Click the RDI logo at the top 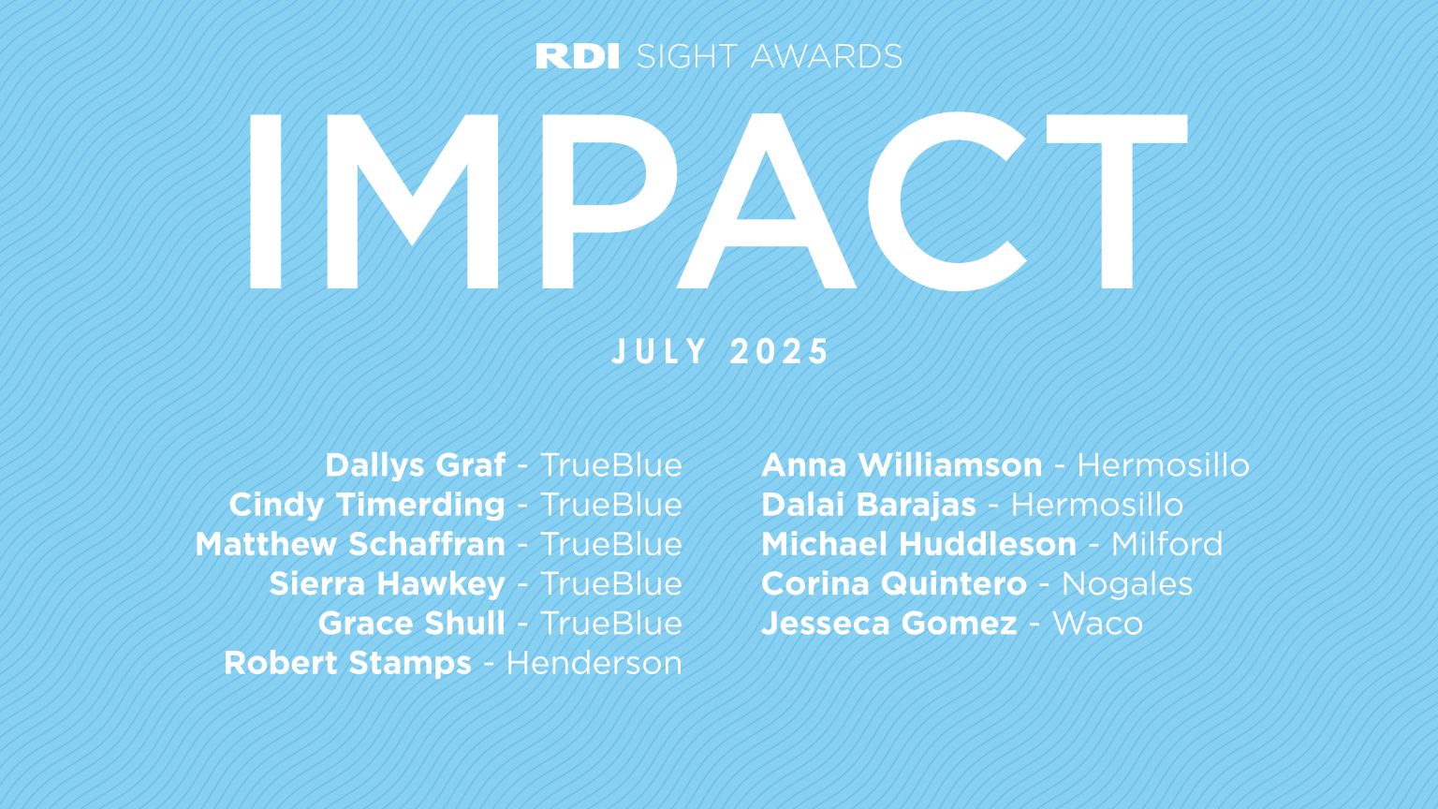[x=577, y=56]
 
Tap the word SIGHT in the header [x=687, y=56]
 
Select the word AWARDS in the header [x=826, y=56]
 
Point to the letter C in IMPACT [x=947, y=201]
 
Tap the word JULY [x=660, y=352]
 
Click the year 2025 [x=780, y=352]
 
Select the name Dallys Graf [x=415, y=465]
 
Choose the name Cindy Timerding [x=366, y=505]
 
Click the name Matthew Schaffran [x=349, y=544]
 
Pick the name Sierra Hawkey [x=387, y=583]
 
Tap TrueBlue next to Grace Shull [x=611, y=624]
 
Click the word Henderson [x=594, y=663]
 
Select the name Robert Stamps [x=347, y=663]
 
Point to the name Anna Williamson [x=902, y=465]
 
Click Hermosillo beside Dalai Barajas [x=1096, y=505]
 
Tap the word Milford [x=1167, y=544]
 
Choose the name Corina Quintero [x=893, y=583]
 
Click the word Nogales [x=1126, y=584]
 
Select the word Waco [x=1097, y=624]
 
